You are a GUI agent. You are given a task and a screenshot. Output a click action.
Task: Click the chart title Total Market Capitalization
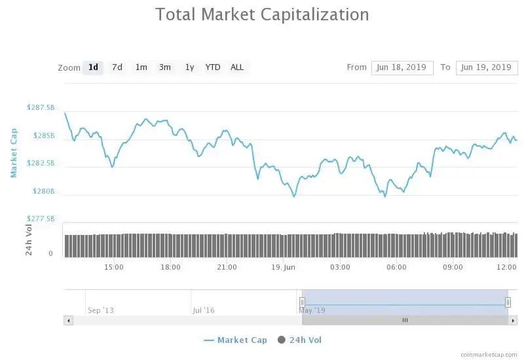pos(262,14)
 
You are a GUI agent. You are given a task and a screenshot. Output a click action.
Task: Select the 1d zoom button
pos(93,67)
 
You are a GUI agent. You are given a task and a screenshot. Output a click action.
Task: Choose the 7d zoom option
pos(117,67)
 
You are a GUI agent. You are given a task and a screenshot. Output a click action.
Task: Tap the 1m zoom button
pos(141,67)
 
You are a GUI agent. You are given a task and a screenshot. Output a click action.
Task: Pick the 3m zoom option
pos(165,67)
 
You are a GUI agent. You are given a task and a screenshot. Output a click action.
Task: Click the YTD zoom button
pos(213,67)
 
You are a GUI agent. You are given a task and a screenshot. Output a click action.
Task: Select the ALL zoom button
pos(237,67)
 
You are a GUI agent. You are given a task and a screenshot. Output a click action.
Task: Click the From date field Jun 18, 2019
pos(402,67)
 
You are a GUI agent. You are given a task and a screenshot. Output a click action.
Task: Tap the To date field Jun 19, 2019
pos(486,67)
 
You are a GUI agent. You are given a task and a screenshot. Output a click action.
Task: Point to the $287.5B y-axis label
pos(41,107)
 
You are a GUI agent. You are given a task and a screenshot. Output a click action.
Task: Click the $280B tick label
pos(44,191)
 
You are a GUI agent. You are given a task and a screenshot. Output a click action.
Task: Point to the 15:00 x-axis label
pos(114,267)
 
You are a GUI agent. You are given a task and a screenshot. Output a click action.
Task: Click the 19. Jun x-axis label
pos(284,267)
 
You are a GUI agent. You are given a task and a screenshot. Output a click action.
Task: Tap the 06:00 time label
pos(396,267)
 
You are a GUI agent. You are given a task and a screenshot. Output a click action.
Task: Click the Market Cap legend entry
pos(235,340)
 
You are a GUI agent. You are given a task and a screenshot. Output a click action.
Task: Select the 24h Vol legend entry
pos(300,340)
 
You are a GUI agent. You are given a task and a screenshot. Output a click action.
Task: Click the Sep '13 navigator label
pos(100,310)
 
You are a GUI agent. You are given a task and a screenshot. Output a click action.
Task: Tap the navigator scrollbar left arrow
pos(68,320)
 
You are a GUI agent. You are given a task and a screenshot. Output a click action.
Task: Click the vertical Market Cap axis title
pos(14,153)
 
